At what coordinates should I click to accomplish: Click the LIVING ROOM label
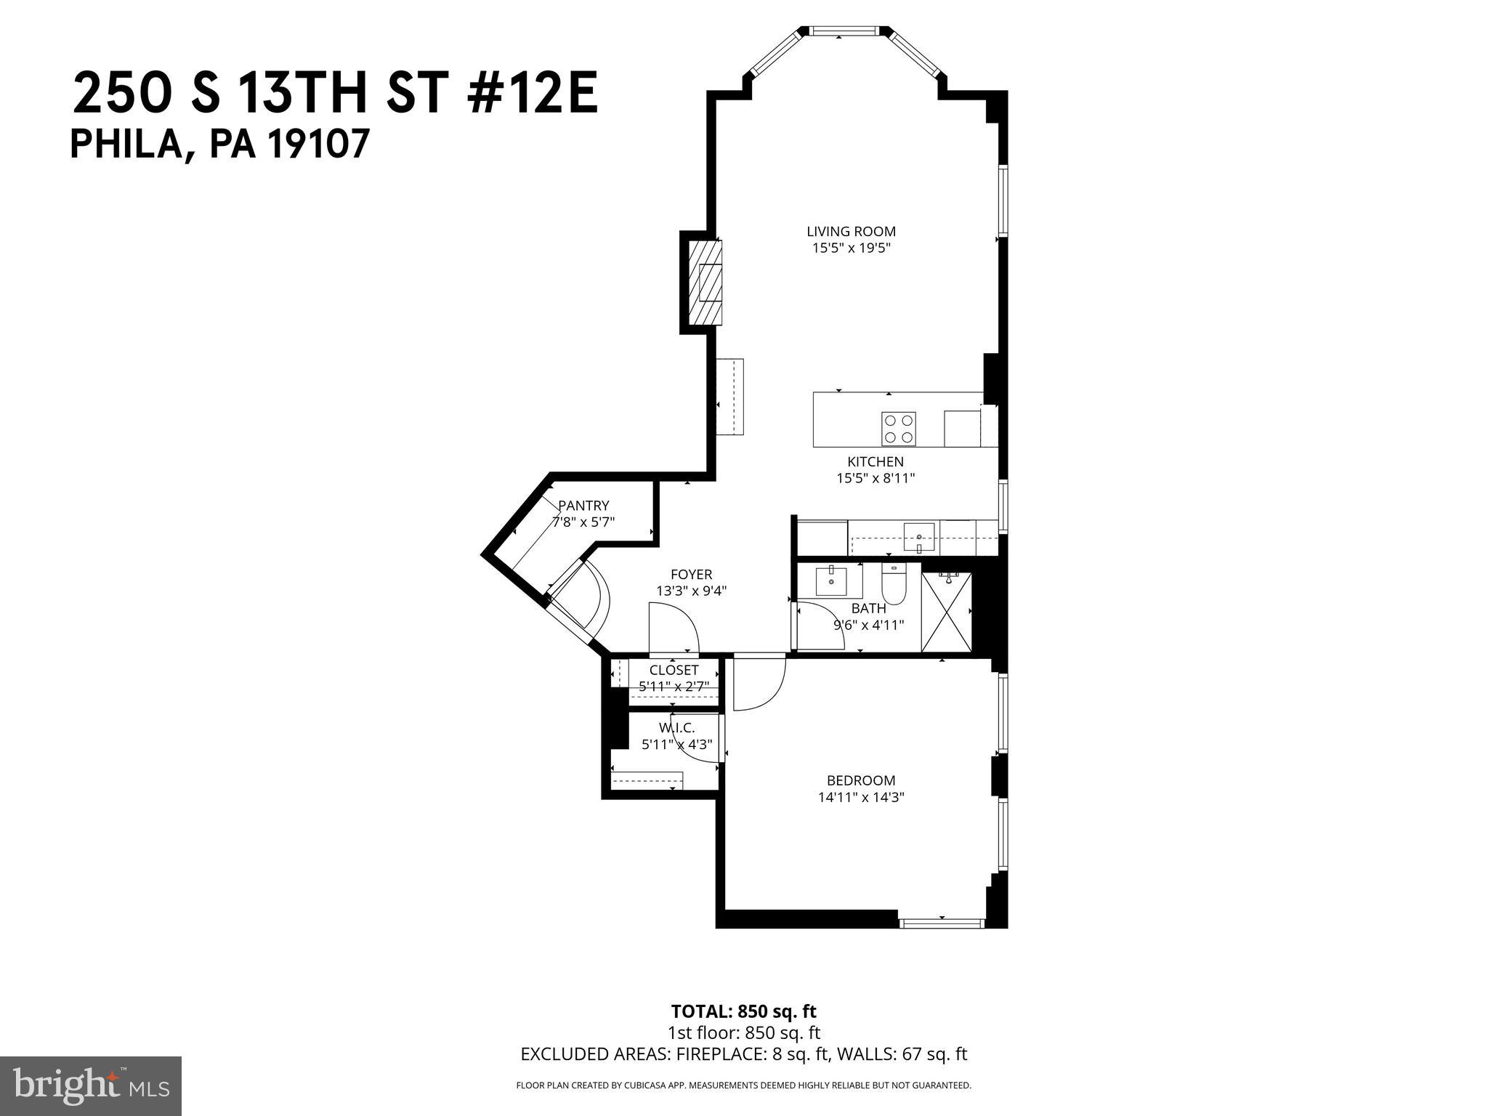tap(851, 232)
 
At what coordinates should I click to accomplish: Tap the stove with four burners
tap(898, 429)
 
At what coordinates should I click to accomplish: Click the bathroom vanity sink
tap(831, 581)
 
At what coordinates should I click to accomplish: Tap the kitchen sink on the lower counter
tap(919, 538)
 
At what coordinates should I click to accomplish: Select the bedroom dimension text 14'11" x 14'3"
tap(861, 797)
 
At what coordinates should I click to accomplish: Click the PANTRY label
tap(583, 506)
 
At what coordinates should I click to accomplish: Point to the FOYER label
tap(691, 575)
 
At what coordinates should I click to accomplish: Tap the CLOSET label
tap(674, 670)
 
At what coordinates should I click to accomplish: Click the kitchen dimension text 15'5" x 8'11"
tap(875, 478)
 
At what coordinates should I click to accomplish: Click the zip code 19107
tap(320, 145)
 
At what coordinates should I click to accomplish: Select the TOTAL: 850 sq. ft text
tap(743, 1011)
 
